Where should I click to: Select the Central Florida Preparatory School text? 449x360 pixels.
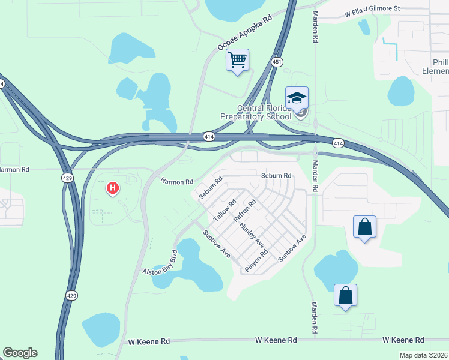pyautogui.click(x=264, y=112)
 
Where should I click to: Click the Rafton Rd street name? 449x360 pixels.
pyautogui.click(x=244, y=211)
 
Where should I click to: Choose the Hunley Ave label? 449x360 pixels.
pyautogui.click(x=252, y=236)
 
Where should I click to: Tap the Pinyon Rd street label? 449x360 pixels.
pyautogui.click(x=256, y=261)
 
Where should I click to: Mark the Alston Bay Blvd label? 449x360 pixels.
pyautogui.click(x=160, y=263)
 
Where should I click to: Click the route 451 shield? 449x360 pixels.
pyautogui.click(x=277, y=62)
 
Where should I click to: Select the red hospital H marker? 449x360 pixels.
pyautogui.click(x=112, y=189)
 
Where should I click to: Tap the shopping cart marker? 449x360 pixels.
pyautogui.click(x=237, y=60)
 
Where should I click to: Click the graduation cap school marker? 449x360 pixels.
pyautogui.click(x=297, y=97)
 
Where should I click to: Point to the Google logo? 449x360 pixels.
pyautogui.click(x=20, y=353)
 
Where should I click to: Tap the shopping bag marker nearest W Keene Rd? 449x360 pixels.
pyautogui.click(x=345, y=295)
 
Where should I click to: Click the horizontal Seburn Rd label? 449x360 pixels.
pyautogui.click(x=276, y=176)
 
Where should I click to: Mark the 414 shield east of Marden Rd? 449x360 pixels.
pyautogui.click(x=339, y=143)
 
